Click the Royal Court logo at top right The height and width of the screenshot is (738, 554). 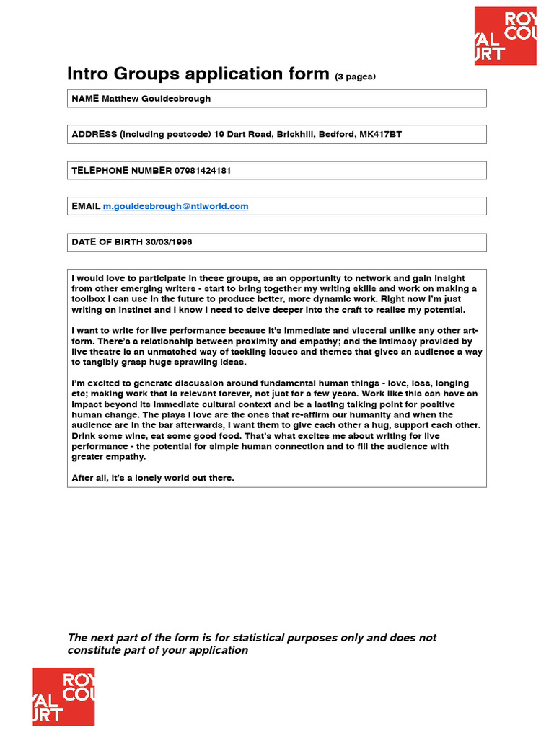[x=505, y=36]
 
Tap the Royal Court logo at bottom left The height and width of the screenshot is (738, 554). [x=63, y=697]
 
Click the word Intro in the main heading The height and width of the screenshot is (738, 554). [x=89, y=74]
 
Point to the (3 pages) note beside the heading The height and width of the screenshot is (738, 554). [x=356, y=76]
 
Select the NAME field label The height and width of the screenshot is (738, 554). [x=85, y=98]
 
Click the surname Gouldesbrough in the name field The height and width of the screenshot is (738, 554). [x=175, y=98]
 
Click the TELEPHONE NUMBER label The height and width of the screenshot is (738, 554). [x=121, y=170]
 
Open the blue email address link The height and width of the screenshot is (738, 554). [x=175, y=206]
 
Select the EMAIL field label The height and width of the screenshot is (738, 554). [x=86, y=206]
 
